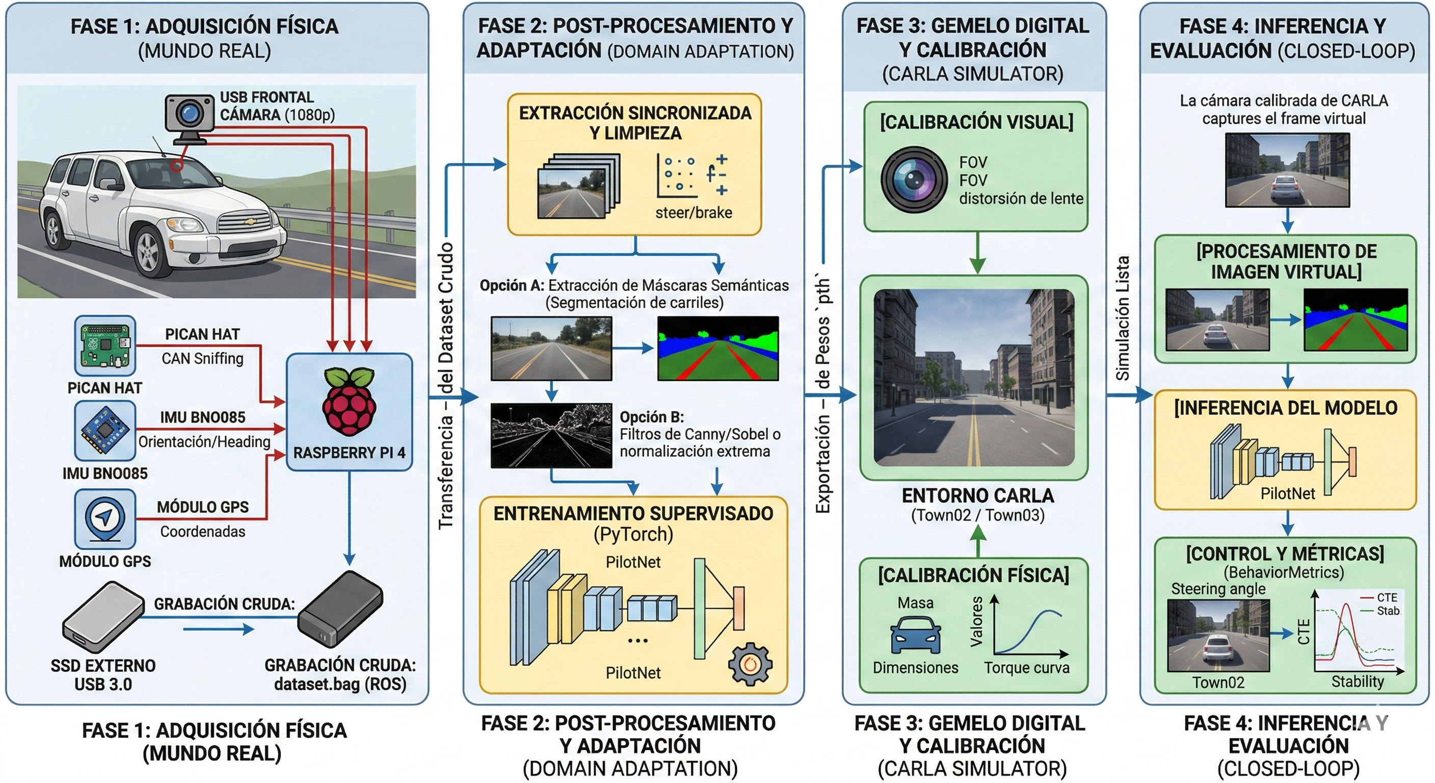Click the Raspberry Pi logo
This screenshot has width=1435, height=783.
(x=349, y=401)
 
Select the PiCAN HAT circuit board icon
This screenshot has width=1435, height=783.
(x=105, y=346)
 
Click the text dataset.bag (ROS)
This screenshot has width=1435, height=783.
(x=340, y=684)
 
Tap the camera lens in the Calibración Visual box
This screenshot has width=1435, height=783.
(x=913, y=180)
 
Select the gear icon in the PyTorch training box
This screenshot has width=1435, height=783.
(x=750, y=664)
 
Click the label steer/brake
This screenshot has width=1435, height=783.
(x=694, y=213)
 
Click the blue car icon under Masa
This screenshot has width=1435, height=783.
(x=915, y=635)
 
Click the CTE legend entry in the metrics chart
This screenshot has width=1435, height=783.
(x=1380, y=597)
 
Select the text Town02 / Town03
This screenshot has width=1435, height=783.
(x=978, y=515)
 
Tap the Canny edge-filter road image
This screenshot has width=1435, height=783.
(x=551, y=436)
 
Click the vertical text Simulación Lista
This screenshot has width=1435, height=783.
(x=1122, y=318)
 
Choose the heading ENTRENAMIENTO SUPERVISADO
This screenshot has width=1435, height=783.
(x=633, y=513)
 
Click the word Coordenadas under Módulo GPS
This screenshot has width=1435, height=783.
(x=203, y=532)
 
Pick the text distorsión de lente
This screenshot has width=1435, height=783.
(x=1021, y=198)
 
